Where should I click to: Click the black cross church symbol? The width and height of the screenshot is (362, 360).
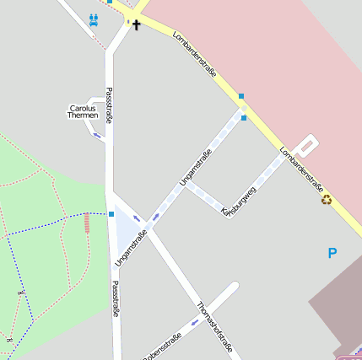(136, 24)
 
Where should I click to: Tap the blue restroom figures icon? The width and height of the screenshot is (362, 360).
(93, 19)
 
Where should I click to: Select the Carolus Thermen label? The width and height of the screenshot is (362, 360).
(84, 111)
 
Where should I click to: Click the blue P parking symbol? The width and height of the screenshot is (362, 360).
(332, 252)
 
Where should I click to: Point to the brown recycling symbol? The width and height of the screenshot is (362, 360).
(326, 200)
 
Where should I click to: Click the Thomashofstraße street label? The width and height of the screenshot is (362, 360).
(213, 324)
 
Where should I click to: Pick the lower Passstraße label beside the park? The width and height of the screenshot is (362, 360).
(116, 298)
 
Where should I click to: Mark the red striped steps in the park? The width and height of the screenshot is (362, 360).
(86, 223)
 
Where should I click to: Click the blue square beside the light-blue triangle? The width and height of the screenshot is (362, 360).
(111, 214)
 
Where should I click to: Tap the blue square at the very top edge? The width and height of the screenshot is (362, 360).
(109, 2)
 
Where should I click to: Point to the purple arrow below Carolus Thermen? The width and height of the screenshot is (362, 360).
(98, 134)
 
